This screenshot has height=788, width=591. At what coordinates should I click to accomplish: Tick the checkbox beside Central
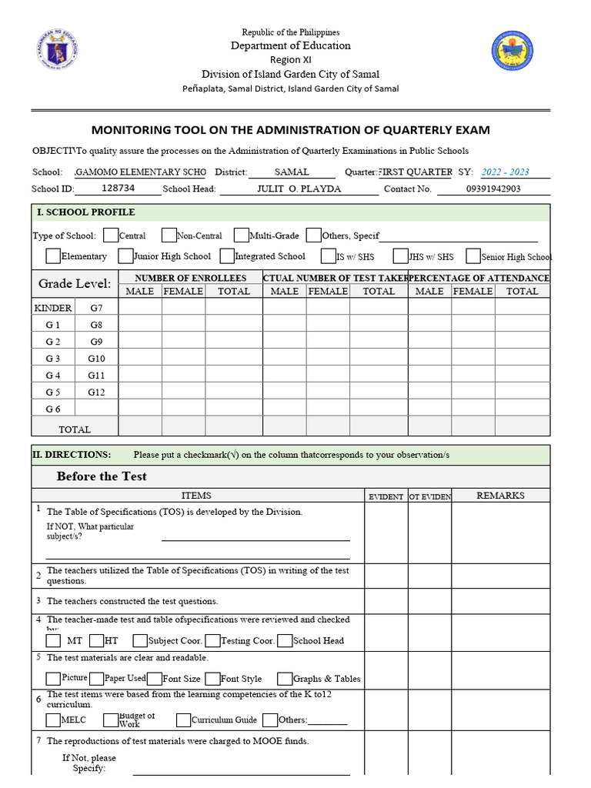(111, 235)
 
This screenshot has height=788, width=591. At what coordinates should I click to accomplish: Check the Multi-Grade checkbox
(242, 235)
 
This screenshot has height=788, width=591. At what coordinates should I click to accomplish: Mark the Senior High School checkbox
(473, 256)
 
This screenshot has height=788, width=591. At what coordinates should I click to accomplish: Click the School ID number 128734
(118, 188)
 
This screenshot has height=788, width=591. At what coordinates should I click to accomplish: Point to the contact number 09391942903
(493, 189)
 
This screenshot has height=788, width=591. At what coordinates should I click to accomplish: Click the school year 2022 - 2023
(505, 172)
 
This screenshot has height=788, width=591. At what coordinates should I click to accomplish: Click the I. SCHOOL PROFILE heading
(85, 212)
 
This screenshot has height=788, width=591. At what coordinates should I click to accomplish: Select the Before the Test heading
(102, 476)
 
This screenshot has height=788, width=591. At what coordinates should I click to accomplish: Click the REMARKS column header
(500, 496)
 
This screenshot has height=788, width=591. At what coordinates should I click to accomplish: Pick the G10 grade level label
(96, 359)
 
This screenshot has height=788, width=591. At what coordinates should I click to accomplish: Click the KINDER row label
(53, 308)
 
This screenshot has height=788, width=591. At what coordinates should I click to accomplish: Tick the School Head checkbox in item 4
(285, 640)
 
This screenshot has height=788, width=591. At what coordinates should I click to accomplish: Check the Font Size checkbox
(155, 679)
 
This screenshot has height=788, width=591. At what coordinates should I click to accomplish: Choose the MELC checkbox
(53, 720)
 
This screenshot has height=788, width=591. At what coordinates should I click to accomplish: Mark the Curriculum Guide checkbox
(183, 720)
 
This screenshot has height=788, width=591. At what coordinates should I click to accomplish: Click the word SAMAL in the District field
(292, 172)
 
